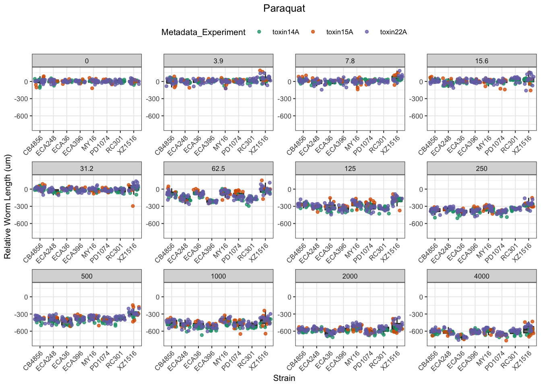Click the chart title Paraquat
click(x=284, y=8)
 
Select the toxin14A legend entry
click(x=285, y=32)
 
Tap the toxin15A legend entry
click(x=339, y=32)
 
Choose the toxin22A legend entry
click(x=393, y=32)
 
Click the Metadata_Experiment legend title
click(x=203, y=32)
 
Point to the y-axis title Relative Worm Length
click(x=8, y=207)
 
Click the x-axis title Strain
click(x=284, y=378)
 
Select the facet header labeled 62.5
click(x=218, y=169)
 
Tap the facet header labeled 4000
click(x=481, y=276)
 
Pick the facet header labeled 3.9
click(x=218, y=61)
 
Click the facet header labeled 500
click(x=87, y=276)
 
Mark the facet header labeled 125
click(x=350, y=169)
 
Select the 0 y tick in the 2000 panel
click(x=289, y=297)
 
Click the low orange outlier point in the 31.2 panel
click(x=133, y=206)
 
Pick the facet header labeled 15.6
click(x=481, y=61)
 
